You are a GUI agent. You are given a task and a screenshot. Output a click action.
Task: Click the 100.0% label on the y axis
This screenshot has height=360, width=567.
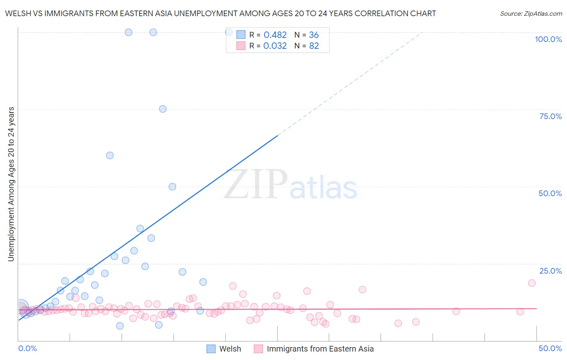548,39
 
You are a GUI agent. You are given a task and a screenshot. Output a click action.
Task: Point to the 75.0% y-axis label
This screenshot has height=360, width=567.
550,116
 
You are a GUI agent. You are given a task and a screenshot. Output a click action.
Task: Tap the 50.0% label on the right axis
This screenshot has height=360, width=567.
550,193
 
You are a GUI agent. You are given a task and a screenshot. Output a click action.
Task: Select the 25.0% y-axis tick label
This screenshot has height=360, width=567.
550,271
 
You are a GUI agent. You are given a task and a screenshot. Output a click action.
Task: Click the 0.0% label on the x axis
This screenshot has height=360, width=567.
27,348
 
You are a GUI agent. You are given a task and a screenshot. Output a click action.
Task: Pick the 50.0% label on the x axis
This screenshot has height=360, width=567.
550,348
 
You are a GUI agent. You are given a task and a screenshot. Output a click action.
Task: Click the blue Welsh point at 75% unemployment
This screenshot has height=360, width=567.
163,109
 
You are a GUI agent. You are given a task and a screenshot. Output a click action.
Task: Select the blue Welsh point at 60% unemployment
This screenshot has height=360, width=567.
110,155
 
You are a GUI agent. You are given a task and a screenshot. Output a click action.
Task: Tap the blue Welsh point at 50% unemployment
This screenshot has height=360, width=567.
172,186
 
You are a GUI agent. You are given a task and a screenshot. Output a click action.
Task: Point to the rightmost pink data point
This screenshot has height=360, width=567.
532,283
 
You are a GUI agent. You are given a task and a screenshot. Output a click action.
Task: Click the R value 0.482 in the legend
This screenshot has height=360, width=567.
275,35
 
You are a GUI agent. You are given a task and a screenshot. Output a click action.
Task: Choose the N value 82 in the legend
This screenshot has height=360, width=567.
314,46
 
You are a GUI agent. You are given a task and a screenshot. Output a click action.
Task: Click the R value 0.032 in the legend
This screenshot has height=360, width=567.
275,46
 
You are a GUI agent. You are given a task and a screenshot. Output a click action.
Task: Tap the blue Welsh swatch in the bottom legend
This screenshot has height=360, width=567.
211,349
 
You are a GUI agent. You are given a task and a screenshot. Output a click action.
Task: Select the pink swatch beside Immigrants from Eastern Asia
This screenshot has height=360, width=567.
258,349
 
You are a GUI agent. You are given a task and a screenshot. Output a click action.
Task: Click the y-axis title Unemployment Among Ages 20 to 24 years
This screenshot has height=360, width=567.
11,184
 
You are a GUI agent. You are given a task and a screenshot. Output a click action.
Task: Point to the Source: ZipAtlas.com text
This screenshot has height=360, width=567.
531,13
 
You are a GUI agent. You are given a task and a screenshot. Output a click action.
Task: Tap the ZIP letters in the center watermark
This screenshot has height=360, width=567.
256,184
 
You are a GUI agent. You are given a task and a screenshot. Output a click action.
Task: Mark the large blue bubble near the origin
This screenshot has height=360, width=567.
22,307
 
